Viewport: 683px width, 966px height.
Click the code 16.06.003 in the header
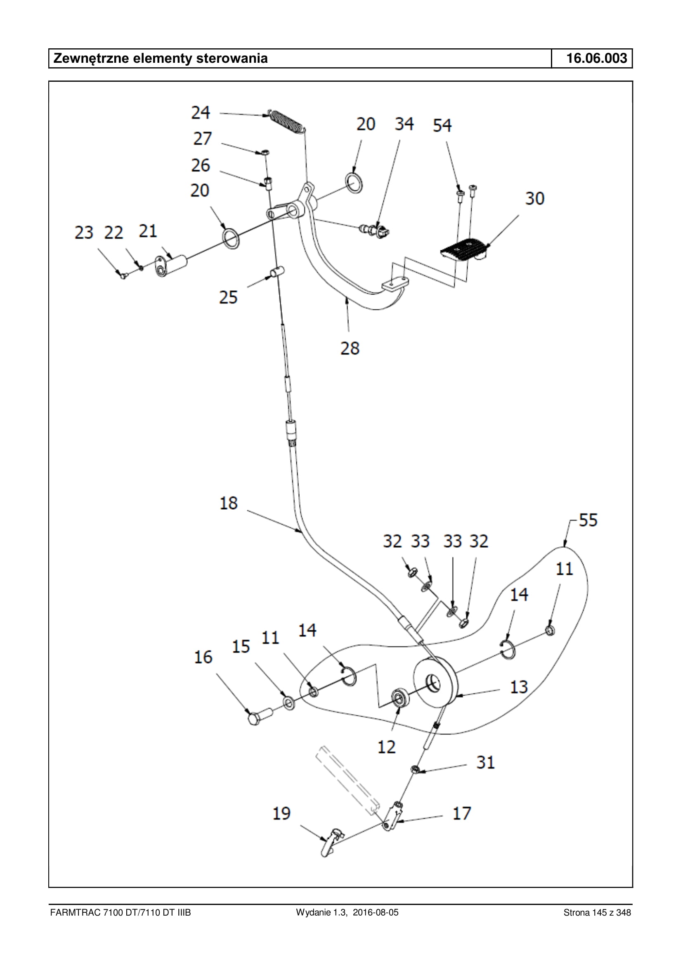pyautogui.click(x=596, y=58)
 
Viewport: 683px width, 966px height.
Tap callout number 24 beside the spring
pyautogui.click(x=200, y=113)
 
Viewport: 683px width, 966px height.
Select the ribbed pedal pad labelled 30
pyautogui.click(x=465, y=250)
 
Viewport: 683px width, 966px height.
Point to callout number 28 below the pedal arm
pyautogui.click(x=350, y=349)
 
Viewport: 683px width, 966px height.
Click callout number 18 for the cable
pyautogui.click(x=229, y=503)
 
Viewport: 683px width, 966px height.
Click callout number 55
pyautogui.click(x=588, y=520)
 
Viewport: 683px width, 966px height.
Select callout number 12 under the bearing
pyautogui.click(x=387, y=747)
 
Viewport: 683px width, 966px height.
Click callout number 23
pyautogui.click(x=84, y=233)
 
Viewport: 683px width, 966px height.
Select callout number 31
pyautogui.click(x=485, y=762)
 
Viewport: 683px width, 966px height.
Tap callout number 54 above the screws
pyautogui.click(x=442, y=126)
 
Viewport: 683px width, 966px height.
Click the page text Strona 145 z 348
pyautogui.click(x=597, y=913)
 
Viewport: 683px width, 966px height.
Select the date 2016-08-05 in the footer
pyautogui.click(x=376, y=913)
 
